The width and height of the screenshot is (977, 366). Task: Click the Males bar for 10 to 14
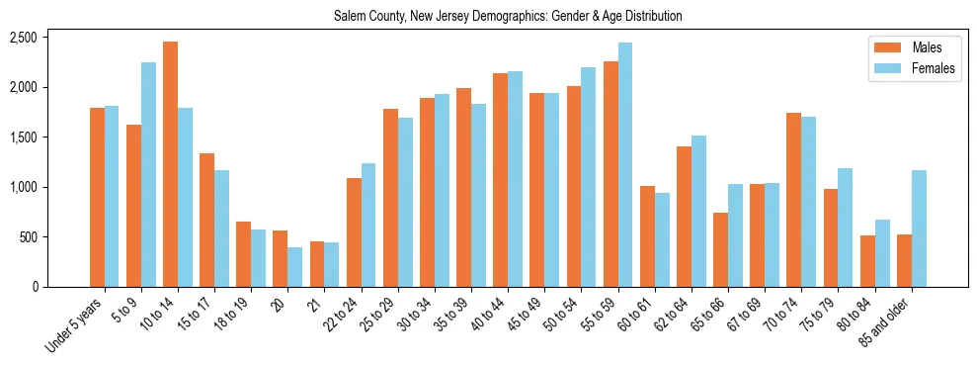[170, 164]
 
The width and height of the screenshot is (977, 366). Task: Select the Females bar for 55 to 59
[625, 164]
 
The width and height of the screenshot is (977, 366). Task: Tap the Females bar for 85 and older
[919, 229]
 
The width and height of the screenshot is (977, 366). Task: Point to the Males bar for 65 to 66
[720, 249]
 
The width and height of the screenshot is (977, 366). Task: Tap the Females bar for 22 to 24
[368, 225]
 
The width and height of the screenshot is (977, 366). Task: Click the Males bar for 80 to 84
[867, 261]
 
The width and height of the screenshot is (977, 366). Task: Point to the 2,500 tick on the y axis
[23, 38]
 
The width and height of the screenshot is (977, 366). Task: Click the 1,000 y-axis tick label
[23, 187]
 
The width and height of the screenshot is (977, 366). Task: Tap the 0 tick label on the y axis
[35, 287]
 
